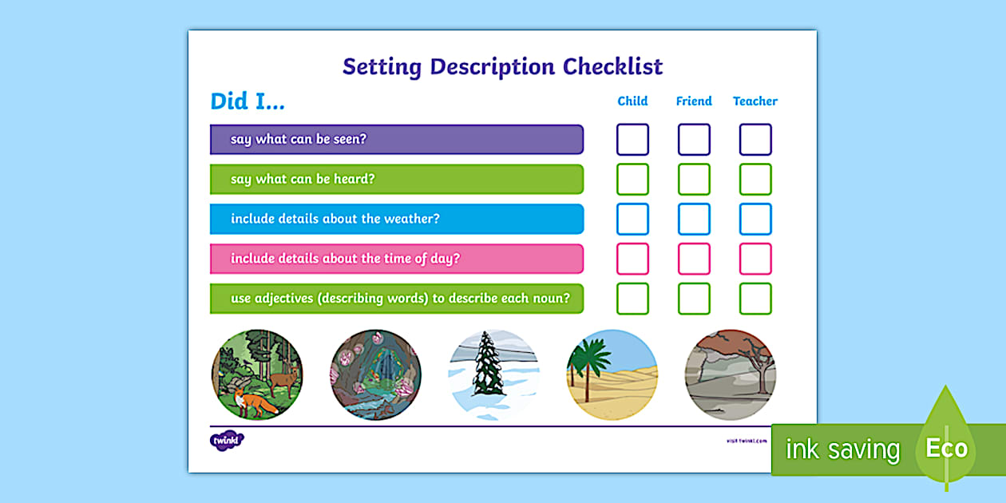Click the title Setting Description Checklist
tap(502, 66)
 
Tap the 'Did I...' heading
tap(247, 101)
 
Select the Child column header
tap(632, 101)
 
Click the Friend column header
tap(693, 101)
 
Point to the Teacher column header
tap(754, 101)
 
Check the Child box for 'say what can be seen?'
tap(632, 140)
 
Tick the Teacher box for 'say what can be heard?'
tap(755, 180)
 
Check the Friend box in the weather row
tap(694, 220)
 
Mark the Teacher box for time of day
tap(755, 259)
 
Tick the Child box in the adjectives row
tap(632, 299)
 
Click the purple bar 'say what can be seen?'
tap(396, 140)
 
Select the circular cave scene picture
tap(375, 375)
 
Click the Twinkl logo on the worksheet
tap(227, 440)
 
